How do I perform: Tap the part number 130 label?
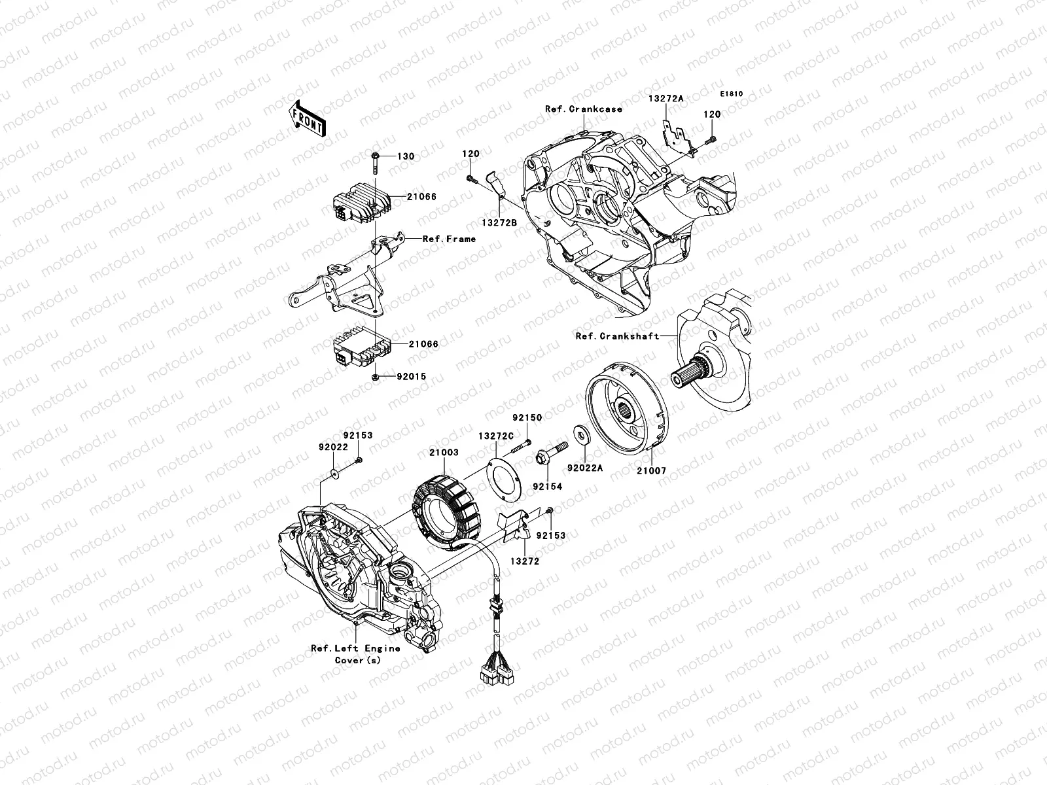tap(406, 157)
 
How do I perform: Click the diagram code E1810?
tap(733, 94)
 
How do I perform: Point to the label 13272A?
tap(665, 99)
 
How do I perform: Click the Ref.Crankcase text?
tap(583, 109)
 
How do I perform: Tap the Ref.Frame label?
tap(449, 239)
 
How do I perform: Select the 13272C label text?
tap(495, 434)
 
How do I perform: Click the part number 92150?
tap(527, 417)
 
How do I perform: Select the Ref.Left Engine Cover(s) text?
tap(355, 654)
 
